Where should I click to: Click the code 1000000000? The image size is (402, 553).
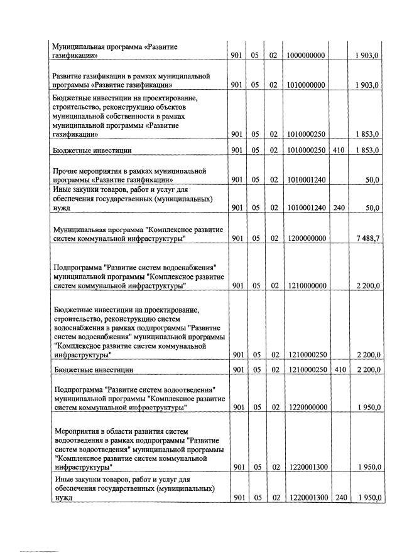point(305,56)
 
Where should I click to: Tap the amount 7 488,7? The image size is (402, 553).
point(367,239)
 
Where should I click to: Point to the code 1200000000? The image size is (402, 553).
point(305,239)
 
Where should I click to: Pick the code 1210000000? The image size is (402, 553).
point(305,286)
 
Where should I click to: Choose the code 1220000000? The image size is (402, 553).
point(305,408)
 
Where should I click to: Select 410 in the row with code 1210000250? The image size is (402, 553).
point(338,369)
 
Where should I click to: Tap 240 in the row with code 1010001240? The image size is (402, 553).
point(338,208)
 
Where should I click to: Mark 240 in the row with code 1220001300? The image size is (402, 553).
point(338,498)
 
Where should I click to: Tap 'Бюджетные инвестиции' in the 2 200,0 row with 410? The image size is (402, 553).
point(94,369)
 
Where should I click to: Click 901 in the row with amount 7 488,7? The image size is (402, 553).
point(237,239)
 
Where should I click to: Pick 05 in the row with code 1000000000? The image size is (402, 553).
point(255,56)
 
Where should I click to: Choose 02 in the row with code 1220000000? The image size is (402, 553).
point(273,408)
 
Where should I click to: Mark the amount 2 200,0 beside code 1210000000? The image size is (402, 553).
point(367,286)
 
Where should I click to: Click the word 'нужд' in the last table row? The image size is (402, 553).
point(62,498)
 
